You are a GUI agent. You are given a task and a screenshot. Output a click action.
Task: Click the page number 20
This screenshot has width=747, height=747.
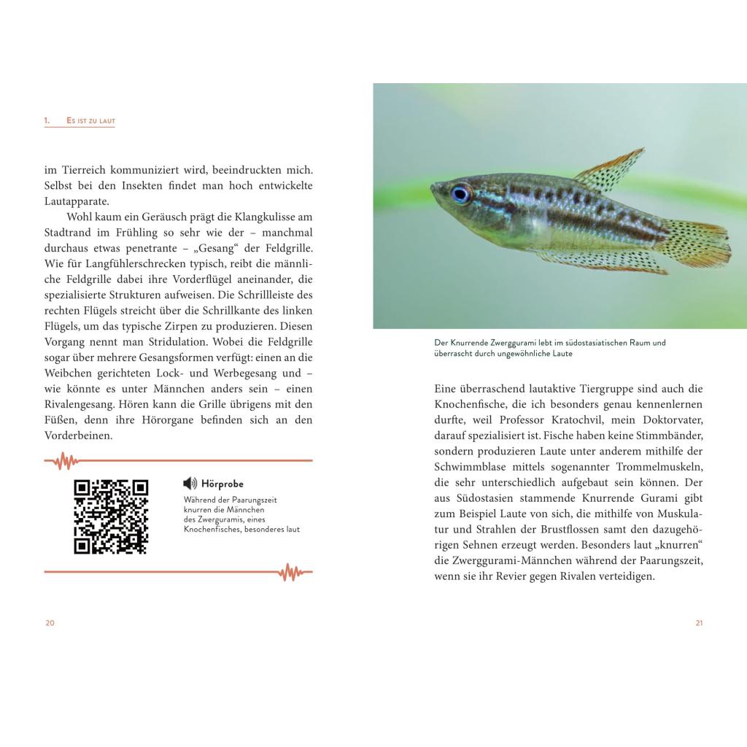coord(50,622)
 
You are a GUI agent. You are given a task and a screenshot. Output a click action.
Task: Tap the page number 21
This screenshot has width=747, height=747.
coord(699,622)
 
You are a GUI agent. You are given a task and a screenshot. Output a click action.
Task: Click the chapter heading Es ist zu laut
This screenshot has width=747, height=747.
coord(90,120)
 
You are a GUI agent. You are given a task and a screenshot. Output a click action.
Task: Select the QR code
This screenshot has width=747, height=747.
coord(111,516)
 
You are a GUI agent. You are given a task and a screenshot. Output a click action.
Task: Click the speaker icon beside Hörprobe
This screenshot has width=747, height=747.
coord(190,483)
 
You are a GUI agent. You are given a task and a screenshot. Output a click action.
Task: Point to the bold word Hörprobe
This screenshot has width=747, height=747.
coord(222,484)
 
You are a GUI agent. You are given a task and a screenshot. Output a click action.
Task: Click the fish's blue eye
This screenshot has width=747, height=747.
coord(460,193)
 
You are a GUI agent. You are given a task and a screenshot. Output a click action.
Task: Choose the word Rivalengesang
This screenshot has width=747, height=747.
coord(80,404)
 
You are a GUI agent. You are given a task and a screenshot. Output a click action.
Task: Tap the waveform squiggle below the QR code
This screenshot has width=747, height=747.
coord(290,572)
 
